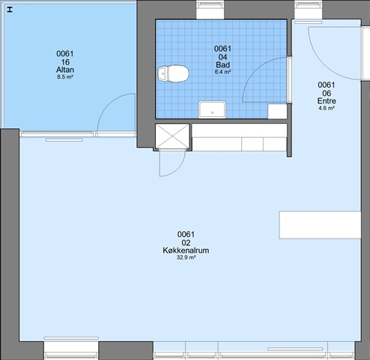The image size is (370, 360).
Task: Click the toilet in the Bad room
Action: pyautogui.click(x=173, y=73)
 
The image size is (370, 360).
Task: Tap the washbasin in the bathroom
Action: pyautogui.click(x=212, y=109)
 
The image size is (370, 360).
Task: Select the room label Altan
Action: pyautogui.click(x=65, y=70)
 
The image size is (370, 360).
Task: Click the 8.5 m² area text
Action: pyautogui.click(x=65, y=77)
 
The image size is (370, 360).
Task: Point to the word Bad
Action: pyautogui.click(x=222, y=65)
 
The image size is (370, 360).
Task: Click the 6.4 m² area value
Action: pyautogui.click(x=222, y=72)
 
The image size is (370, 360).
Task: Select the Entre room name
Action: pyautogui.click(x=327, y=101)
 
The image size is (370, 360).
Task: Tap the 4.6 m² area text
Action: pyautogui.click(x=327, y=108)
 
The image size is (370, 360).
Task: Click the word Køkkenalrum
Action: pyautogui.click(x=186, y=250)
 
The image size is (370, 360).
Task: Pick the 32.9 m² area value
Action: pyautogui.click(x=186, y=257)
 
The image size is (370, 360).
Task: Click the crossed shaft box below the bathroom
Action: pyautogui.click(x=172, y=136)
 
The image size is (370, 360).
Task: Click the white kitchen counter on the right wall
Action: pyautogui.click(x=320, y=225)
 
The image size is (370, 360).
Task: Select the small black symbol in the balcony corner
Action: pyautogui.click(x=10, y=10)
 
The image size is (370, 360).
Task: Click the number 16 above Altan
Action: pyautogui.click(x=65, y=62)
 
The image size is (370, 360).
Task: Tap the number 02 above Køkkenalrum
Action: pyautogui.click(x=186, y=243)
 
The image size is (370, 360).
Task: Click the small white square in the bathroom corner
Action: pyautogui.click(x=277, y=111)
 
